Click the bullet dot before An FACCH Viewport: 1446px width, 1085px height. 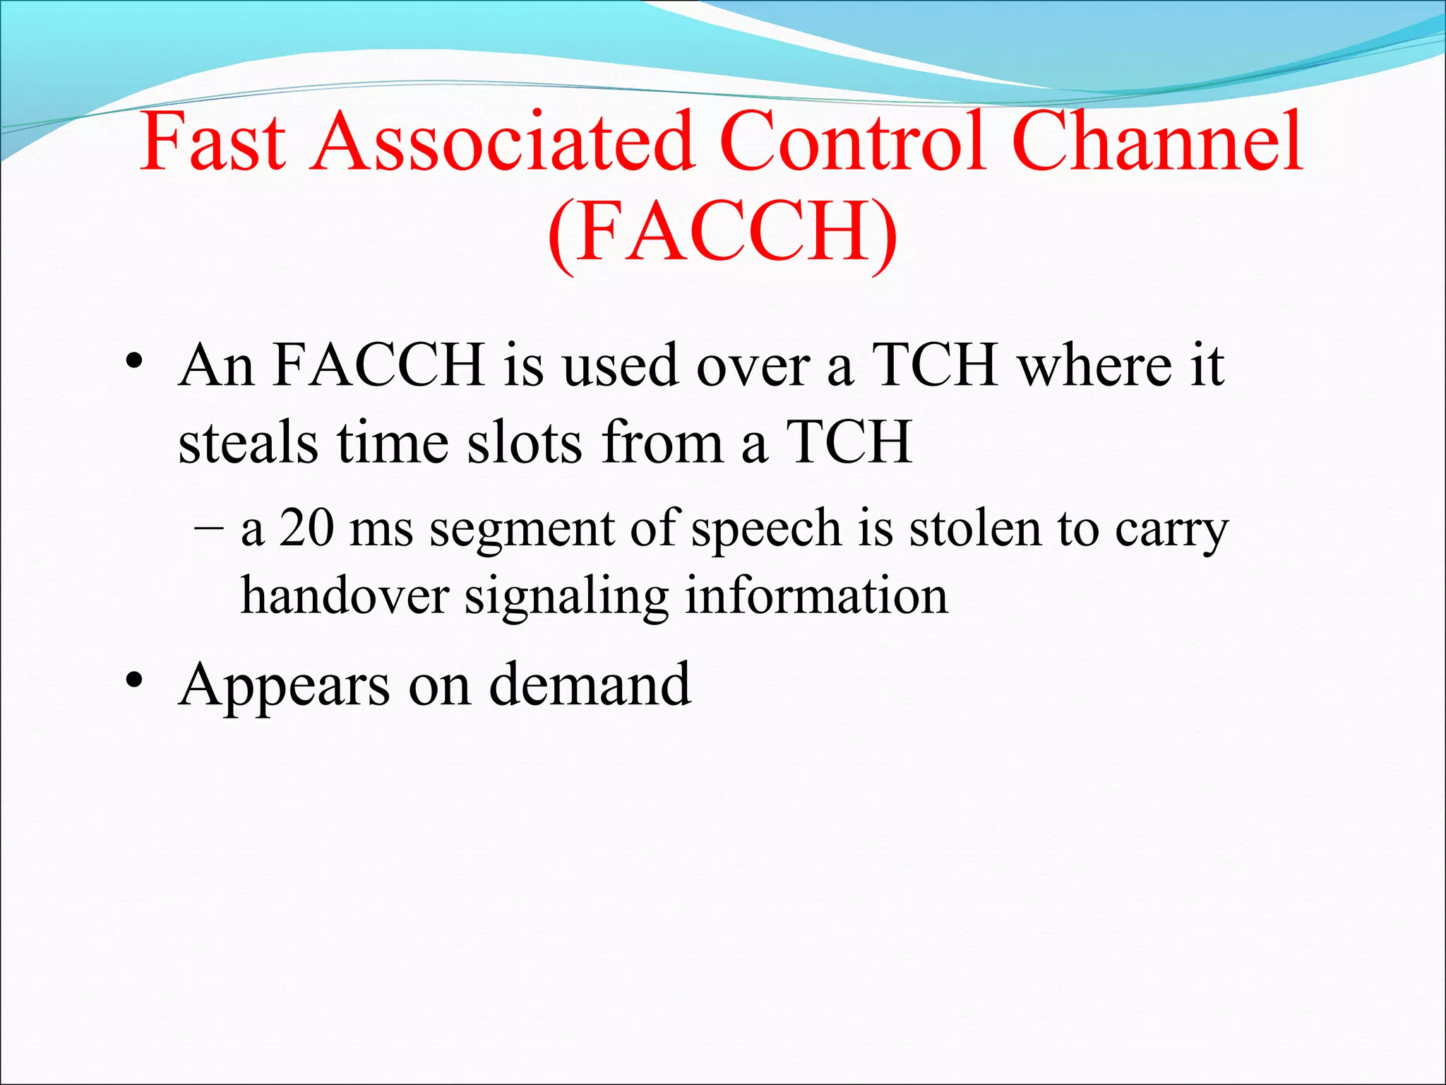(x=134, y=363)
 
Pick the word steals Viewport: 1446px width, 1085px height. (x=248, y=443)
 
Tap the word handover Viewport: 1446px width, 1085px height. (x=345, y=595)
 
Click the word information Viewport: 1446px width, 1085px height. (x=817, y=595)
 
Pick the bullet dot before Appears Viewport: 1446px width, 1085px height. (x=134, y=682)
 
